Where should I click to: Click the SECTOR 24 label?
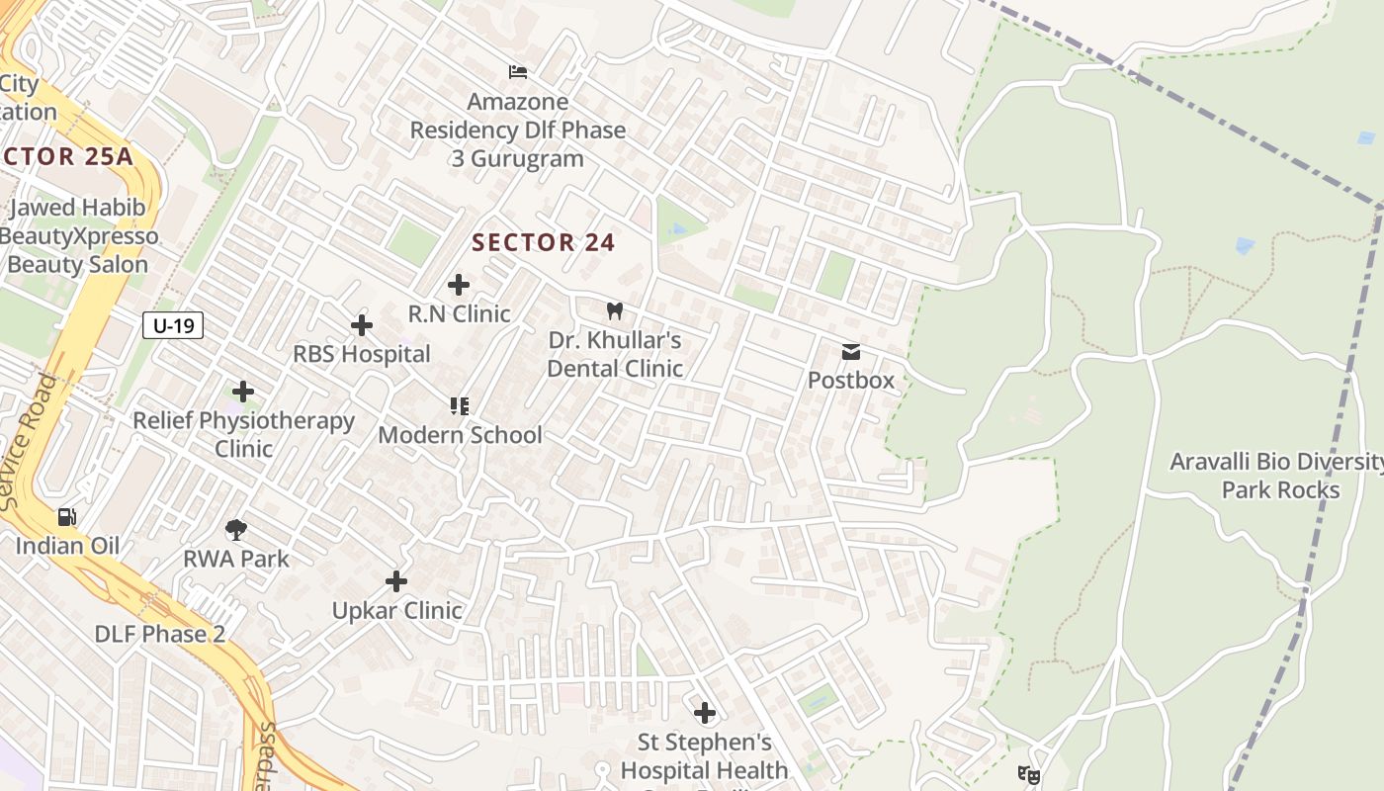click(x=544, y=242)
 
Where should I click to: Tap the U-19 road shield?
click(x=173, y=325)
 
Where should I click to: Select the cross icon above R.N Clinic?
click(x=459, y=285)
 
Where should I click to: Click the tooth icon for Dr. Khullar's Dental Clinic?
click(x=614, y=310)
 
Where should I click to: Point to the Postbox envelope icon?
click(x=850, y=352)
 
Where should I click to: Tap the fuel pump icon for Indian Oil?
click(x=66, y=516)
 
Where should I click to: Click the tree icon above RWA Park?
click(x=236, y=530)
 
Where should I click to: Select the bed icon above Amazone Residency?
click(x=517, y=71)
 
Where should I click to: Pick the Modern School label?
click(x=460, y=435)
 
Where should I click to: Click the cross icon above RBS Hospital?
click(x=362, y=324)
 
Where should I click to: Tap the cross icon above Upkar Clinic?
click(x=396, y=581)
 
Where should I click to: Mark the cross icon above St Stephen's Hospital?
click(x=704, y=712)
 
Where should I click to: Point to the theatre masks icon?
click(x=1028, y=775)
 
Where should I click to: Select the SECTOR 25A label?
click(x=66, y=156)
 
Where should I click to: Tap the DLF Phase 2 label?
click(x=160, y=634)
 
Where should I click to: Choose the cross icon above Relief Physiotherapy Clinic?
click(x=243, y=392)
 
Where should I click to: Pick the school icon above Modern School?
click(x=459, y=405)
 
